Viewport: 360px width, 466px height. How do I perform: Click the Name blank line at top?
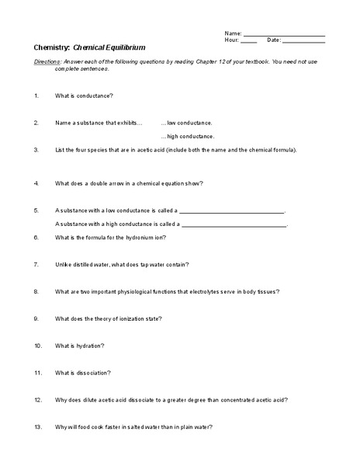284,36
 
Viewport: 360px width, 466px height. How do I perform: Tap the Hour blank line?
249,42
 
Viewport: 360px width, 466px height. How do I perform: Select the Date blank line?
303,42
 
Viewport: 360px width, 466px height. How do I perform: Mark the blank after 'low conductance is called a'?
233,211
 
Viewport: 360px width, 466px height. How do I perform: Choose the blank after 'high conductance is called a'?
234,224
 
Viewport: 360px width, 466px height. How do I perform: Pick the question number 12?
37,399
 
